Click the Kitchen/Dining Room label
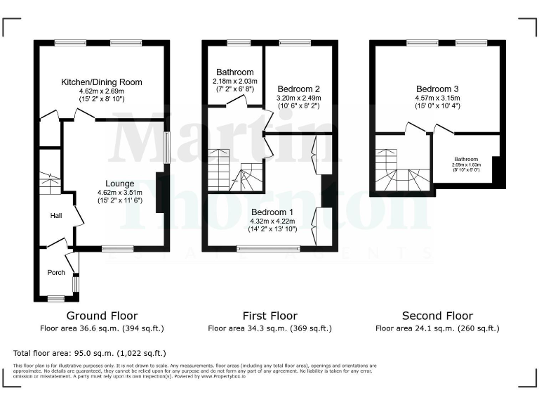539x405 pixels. click(x=101, y=82)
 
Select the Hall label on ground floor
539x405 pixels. click(x=56, y=217)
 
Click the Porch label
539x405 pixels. click(x=56, y=272)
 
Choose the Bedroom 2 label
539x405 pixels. click(x=298, y=89)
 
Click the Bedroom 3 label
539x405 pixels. click(x=437, y=89)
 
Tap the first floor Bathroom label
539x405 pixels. click(x=234, y=72)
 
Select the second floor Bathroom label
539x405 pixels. click(x=465, y=159)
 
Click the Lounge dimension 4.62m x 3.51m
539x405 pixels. click(x=119, y=192)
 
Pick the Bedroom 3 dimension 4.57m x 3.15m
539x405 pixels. click(x=437, y=98)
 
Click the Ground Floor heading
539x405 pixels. click(x=102, y=316)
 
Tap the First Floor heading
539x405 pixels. click(x=269, y=316)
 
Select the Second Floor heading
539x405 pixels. click(x=437, y=316)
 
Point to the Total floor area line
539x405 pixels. click(x=90, y=353)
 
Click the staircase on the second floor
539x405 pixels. click(x=400, y=172)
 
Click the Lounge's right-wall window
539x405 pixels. click(x=167, y=148)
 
